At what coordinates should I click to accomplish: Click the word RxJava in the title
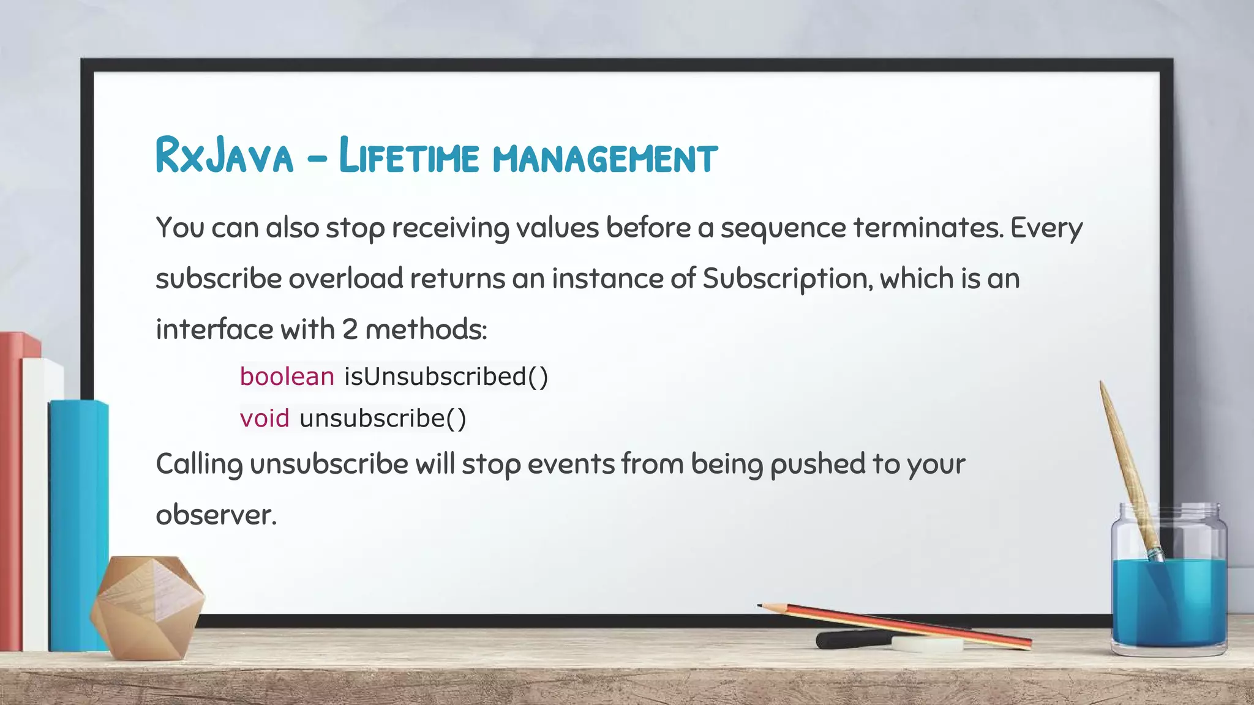224,155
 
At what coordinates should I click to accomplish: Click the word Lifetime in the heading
408,155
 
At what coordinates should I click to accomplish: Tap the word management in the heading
605,158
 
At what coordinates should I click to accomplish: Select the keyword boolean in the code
287,376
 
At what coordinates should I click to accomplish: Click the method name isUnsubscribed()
446,376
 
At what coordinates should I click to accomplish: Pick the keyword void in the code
265,419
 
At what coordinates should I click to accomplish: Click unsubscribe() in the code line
383,419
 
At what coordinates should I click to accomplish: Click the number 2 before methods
350,330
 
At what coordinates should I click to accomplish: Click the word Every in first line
1046,228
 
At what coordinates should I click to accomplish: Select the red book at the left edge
11,490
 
